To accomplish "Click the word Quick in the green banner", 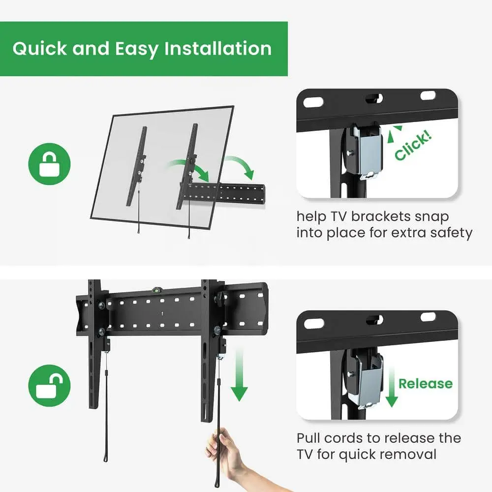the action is click(x=40, y=49).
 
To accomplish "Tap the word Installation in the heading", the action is click(x=218, y=49).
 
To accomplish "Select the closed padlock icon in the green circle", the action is click(x=49, y=164).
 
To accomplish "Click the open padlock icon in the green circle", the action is click(x=49, y=385).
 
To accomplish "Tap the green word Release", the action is click(x=426, y=383).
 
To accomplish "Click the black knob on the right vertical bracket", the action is click(x=220, y=296).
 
